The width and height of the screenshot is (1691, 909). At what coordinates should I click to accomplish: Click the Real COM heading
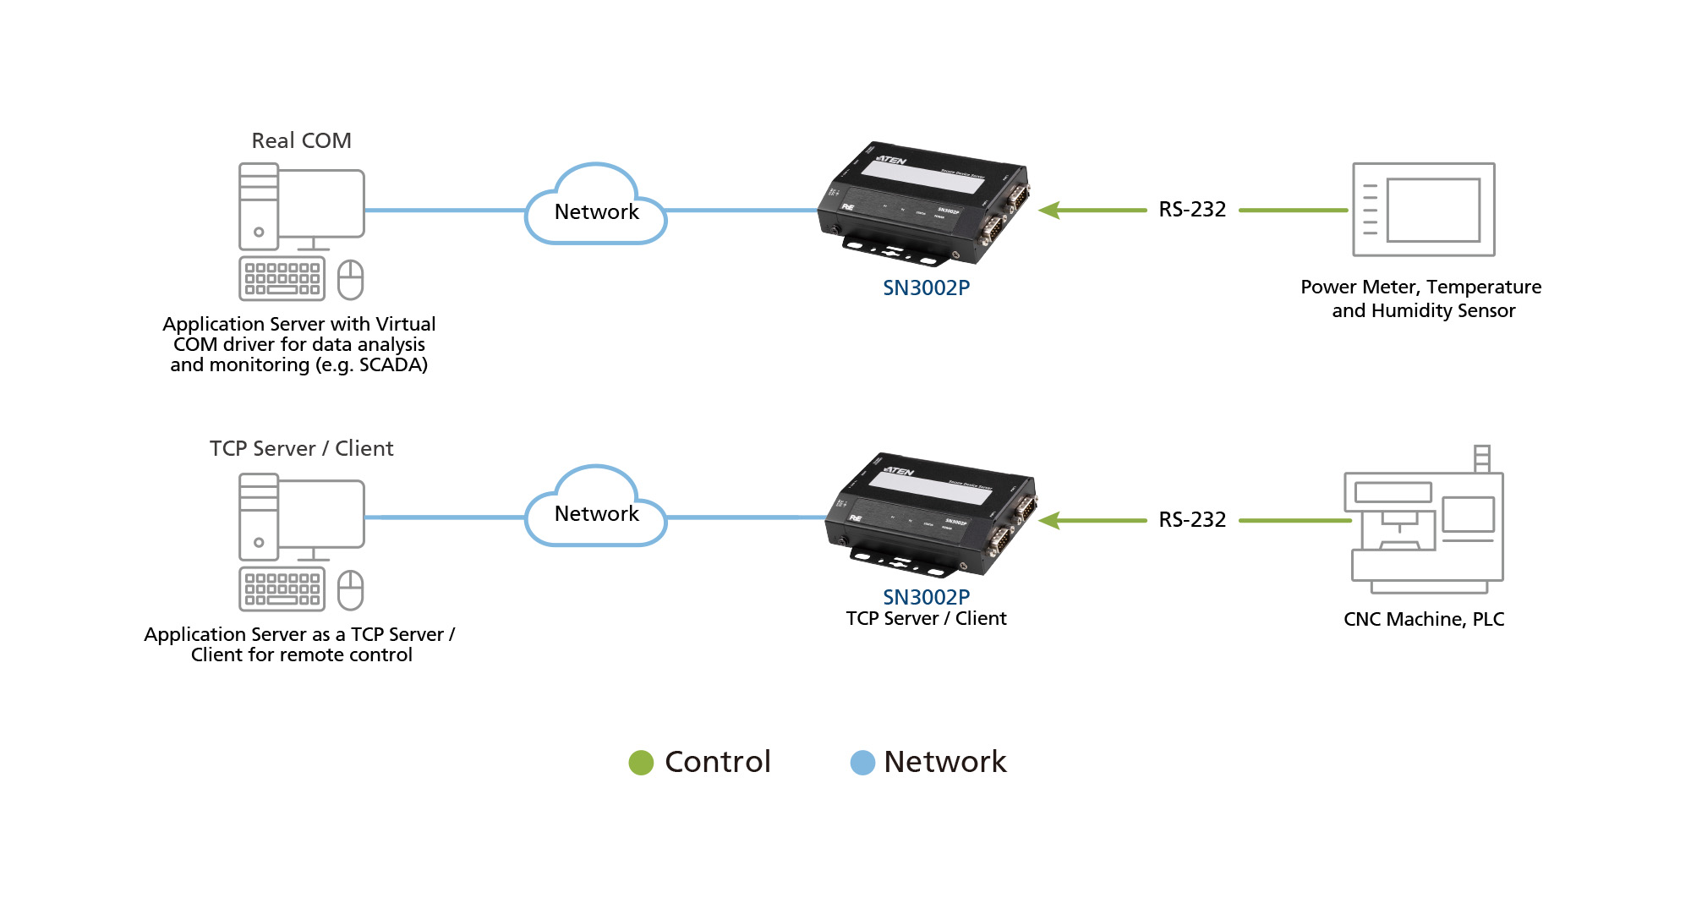click(301, 140)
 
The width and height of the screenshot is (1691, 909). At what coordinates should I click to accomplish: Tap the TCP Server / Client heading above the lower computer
click(301, 448)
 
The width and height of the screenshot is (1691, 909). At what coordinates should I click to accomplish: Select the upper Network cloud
click(596, 207)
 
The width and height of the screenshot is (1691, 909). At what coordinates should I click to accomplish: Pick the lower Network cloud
click(596, 509)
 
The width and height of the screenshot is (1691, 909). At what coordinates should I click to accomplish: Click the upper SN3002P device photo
click(924, 203)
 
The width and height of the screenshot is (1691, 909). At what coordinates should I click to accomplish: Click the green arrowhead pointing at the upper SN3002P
click(1050, 210)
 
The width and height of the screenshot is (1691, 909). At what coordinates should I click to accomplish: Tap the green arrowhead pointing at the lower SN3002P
click(1050, 520)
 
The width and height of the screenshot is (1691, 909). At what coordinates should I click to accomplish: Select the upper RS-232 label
click(1192, 210)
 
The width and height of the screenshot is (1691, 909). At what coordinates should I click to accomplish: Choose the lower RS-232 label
click(1192, 520)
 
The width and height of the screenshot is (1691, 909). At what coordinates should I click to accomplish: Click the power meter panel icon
click(1424, 210)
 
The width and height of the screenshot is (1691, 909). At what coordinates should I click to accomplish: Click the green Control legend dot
click(641, 763)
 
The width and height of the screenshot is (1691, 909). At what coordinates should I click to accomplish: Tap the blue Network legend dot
click(862, 763)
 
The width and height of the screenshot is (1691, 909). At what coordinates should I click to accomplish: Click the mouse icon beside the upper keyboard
click(350, 280)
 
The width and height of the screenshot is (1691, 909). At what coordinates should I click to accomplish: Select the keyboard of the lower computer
click(282, 589)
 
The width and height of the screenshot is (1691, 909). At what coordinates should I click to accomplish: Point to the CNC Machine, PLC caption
click(1424, 619)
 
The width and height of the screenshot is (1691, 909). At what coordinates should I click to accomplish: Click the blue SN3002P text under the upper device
click(926, 288)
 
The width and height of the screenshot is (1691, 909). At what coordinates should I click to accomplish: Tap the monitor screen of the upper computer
click(321, 203)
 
